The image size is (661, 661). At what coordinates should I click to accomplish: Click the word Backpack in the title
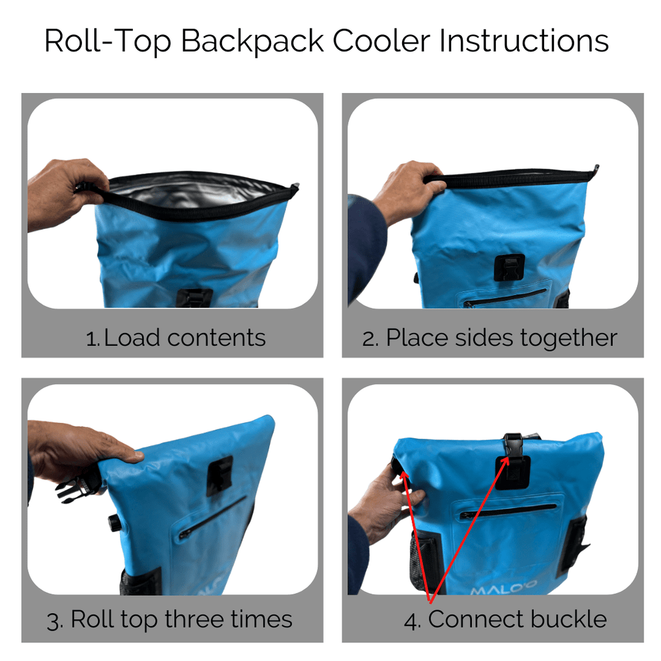[252, 41]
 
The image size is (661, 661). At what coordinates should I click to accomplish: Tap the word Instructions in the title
[524, 41]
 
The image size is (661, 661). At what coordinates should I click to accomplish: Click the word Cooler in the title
[381, 41]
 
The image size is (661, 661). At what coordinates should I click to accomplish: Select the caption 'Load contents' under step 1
[184, 338]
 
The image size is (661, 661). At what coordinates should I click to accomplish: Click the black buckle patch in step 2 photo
[509, 267]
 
